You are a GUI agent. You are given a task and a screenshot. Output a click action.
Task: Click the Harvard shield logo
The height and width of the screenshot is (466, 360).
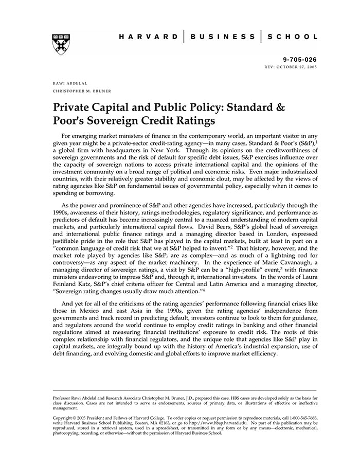61,44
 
